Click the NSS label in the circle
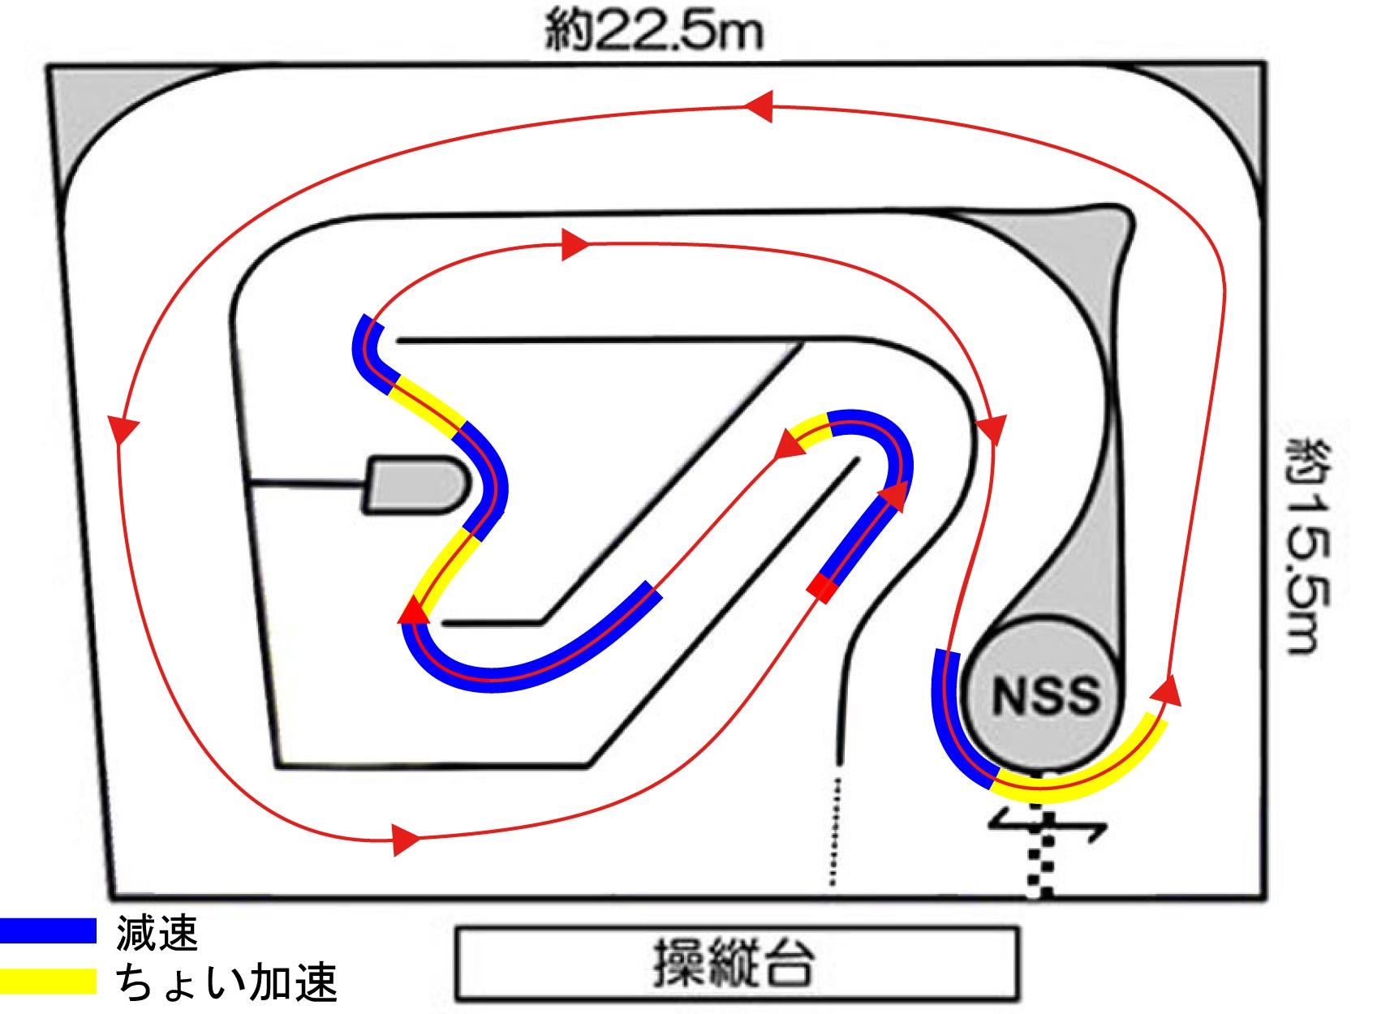1045,696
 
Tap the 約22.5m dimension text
654,31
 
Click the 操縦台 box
736,964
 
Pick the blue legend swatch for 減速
47,930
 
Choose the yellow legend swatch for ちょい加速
47,980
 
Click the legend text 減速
157,932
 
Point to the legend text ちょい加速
226,982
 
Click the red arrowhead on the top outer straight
759,106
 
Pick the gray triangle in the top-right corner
1229,105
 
